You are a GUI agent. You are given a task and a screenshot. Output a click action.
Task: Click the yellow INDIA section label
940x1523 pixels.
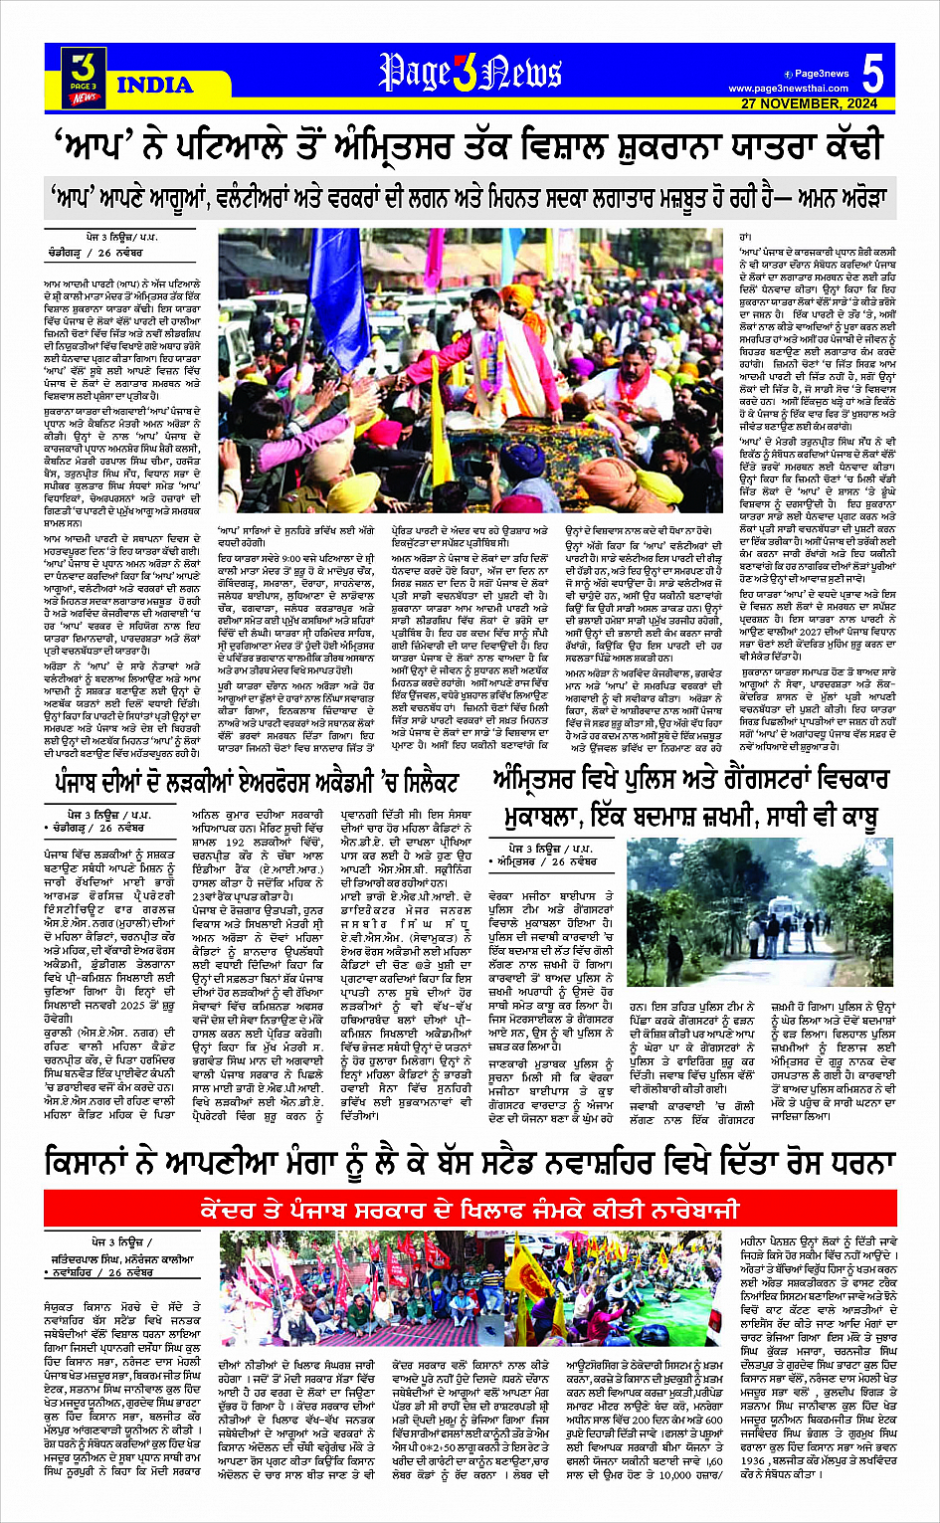pyautogui.click(x=154, y=86)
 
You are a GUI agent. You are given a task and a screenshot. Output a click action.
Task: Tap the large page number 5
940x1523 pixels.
pyautogui.click(x=871, y=75)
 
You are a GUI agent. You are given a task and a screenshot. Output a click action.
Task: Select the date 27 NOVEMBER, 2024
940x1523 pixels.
pyautogui.click(x=809, y=103)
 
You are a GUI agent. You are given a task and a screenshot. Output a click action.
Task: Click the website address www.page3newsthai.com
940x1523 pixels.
pyautogui.click(x=788, y=89)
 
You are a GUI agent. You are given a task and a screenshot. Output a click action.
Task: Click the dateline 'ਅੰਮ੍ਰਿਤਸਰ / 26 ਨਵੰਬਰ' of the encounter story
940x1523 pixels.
pyautogui.click(x=546, y=861)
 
